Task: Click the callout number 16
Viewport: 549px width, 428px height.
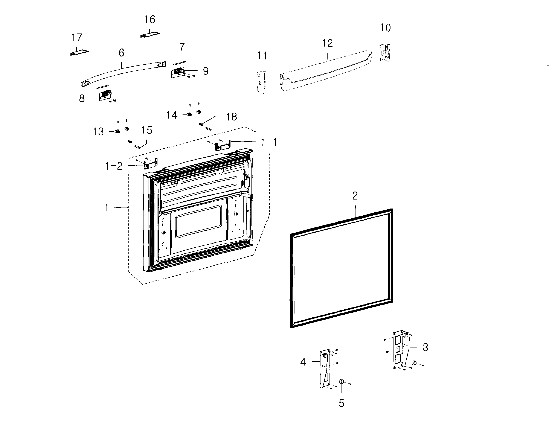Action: (x=149, y=20)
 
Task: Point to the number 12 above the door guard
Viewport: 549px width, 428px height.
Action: (x=327, y=43)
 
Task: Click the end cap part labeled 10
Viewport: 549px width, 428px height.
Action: (x=385, y=52)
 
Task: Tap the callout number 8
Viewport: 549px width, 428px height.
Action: (x=82, y=99)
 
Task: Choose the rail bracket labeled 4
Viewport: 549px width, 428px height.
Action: (x=325, y=368)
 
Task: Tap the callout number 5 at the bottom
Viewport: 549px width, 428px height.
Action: (x=341, y=403)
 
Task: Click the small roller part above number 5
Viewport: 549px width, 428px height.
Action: (x=342, y=381)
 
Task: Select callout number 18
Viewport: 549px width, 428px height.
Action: (x=231, y=117)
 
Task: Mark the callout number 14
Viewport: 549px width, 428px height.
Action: (x=172, y=115)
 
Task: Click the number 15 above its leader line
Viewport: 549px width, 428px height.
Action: (x=147, y=130)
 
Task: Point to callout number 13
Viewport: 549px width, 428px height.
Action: (x=98, y=132)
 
